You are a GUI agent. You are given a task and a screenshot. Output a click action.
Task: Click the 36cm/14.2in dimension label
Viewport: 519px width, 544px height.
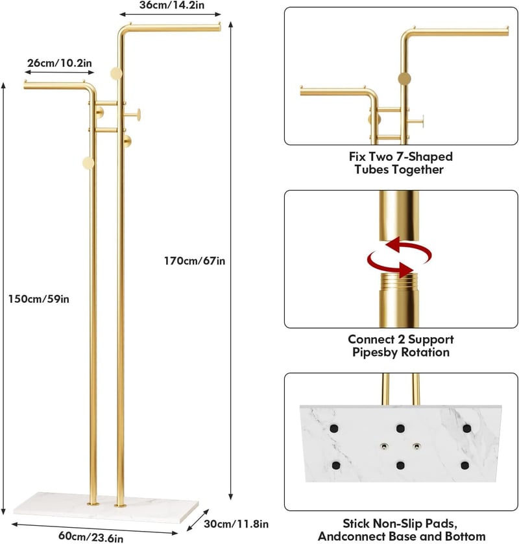tap(171, 5)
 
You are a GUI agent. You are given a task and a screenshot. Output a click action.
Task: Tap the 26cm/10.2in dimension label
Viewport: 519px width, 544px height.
tap(60, 63)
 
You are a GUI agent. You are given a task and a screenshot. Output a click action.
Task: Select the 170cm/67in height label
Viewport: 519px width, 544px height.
tap(195, 261)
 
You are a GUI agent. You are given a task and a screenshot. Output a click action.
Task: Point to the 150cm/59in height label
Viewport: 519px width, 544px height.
tap(38, 299)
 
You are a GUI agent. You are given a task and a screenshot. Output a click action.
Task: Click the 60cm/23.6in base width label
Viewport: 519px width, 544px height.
tap(91, 536)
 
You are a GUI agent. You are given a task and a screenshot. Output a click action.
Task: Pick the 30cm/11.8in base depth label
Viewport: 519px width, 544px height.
tap(236, 523)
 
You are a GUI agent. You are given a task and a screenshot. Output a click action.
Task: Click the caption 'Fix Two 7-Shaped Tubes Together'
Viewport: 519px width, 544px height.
tap(401, 163)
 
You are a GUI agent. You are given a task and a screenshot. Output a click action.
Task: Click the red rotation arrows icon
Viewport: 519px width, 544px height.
tap(399, 257)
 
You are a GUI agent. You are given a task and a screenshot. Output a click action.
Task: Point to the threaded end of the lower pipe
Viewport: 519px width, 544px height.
tap(399, 281)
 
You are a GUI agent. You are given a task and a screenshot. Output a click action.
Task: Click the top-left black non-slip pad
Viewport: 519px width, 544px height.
tap(333, 429)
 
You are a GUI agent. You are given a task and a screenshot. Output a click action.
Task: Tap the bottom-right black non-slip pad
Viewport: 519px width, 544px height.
tap(465, 466)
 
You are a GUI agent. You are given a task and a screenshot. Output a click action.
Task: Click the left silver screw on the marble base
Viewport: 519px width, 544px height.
tap(383, 446)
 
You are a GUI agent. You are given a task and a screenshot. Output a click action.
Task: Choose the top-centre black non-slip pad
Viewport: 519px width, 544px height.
tap(400, 429)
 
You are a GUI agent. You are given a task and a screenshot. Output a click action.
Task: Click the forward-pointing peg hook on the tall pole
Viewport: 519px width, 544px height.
tap(132, 114)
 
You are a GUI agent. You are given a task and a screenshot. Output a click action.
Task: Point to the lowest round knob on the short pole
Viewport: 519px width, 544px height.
tap(88, 163)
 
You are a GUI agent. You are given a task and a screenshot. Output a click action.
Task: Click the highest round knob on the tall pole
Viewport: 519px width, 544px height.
tap(116, 73)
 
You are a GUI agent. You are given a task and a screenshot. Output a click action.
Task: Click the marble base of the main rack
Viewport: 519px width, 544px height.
tap(106, 507)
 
